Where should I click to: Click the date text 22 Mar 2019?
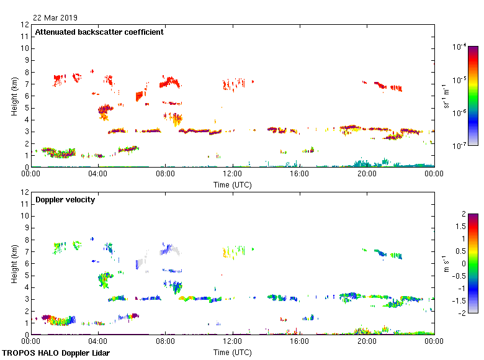[x=55, y=17]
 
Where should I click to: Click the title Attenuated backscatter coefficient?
[x=99, y=32]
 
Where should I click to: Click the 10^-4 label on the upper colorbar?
[x=459, y=47]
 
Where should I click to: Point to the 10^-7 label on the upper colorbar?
[x=459, y=146]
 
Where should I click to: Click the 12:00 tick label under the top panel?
[x=233, y=174]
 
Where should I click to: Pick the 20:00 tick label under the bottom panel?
[x=367, y=342]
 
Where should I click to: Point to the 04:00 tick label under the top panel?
[x=99, y=174]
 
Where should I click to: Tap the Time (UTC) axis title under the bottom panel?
[x=233, y=352]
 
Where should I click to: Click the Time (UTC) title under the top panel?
[x=233, y=184]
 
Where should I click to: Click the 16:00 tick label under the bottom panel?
[x=300, y=342]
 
